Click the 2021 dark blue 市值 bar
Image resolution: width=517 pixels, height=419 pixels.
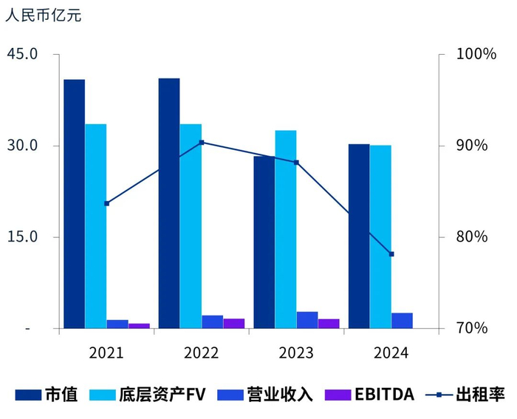(74, 203)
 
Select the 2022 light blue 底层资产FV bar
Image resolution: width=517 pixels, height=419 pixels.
(191, 225)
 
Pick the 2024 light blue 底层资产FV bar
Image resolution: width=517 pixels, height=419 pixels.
(380, 236)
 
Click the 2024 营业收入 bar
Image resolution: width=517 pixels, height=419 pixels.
(402, 321)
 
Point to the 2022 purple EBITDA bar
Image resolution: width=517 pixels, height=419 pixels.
(233, 324)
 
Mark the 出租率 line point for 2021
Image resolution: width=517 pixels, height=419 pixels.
(106, 203)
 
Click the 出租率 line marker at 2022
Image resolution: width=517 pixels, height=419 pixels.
(202, 143)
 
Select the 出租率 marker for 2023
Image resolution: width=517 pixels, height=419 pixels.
(296, 163)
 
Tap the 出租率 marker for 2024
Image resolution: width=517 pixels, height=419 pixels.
(391, 254)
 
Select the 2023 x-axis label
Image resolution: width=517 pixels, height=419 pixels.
(296, 352)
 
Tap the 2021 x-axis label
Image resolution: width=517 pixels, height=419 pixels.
(106, 352)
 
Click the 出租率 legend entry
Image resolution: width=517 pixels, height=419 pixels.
(465, 395)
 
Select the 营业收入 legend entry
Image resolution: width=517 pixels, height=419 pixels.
(264, 395)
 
